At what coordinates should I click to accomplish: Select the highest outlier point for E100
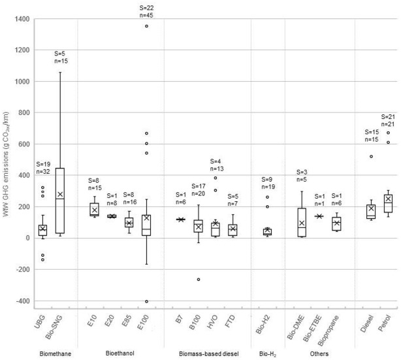click(x=146, y=26)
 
